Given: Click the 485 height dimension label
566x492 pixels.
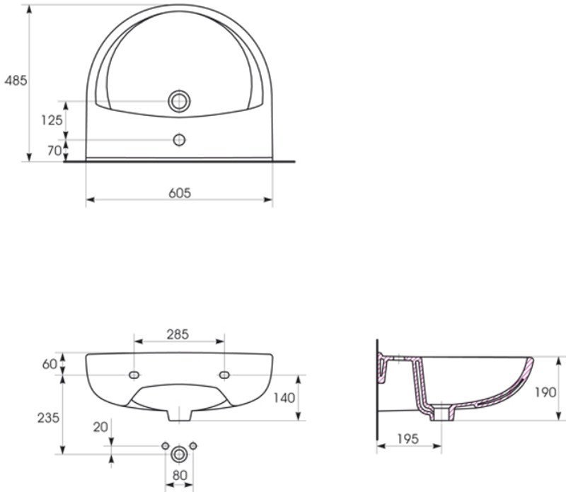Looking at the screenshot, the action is (16, 81).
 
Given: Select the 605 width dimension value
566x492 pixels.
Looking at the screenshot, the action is (180, 193).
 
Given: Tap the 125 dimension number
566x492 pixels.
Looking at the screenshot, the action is (52, 120).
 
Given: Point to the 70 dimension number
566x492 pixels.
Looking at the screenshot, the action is (54, 151).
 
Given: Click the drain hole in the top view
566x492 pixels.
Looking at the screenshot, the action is (179, 101).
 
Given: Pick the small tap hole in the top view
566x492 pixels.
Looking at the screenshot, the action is (179, 139).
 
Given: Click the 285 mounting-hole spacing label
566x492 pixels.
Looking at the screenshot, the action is (178, 334).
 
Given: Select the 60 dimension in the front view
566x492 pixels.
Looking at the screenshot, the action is (50, 364).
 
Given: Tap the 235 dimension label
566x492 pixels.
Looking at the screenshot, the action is (48, 418).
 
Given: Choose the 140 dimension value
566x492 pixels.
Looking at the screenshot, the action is (284, 398).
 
